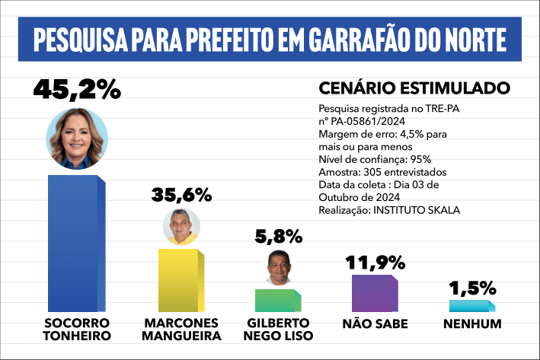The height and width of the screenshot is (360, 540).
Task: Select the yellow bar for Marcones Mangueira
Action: tap(181, 279)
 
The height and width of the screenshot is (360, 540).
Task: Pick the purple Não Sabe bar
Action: tap(374, 293)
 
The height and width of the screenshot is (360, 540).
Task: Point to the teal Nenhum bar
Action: tap(471, 306)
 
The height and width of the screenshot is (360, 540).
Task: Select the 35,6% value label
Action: tap(181, 194)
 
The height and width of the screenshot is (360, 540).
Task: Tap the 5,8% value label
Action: tap(278, 237)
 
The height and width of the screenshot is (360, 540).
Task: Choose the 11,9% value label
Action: tap(375, 263)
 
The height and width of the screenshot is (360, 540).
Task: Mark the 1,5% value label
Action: tap(472, 288)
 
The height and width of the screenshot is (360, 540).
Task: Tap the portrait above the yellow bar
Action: tap(181, 226)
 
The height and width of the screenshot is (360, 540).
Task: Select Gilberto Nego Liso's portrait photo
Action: tap(277, 266)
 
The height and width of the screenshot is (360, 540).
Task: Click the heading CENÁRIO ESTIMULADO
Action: tap(404, 88)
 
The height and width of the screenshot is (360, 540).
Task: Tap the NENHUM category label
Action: tap(472, 323)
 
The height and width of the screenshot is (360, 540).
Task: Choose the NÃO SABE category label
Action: tap(375, 323)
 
